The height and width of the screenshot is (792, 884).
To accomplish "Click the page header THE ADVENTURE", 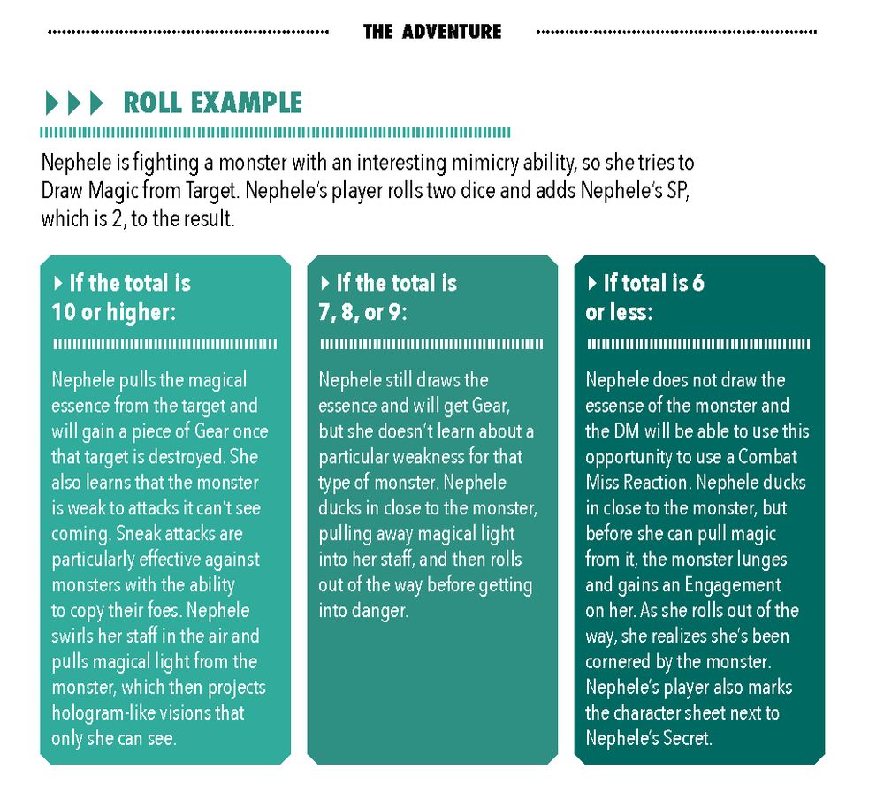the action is pos(432,32).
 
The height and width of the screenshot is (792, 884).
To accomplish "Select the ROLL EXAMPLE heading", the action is pos(212,103).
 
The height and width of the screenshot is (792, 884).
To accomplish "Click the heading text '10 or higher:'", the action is pos(114,312).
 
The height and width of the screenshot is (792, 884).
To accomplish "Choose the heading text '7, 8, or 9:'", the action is pos(362,312).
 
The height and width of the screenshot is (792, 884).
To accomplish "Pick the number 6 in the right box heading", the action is pos(698,282).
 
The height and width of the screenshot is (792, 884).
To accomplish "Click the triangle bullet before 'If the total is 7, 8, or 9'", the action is pos(324,282).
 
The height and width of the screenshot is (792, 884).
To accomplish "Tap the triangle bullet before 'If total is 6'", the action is pos(592,282).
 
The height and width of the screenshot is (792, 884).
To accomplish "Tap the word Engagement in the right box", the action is pos(732,586).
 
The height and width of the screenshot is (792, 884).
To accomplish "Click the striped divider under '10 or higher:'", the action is pos(164,344).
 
